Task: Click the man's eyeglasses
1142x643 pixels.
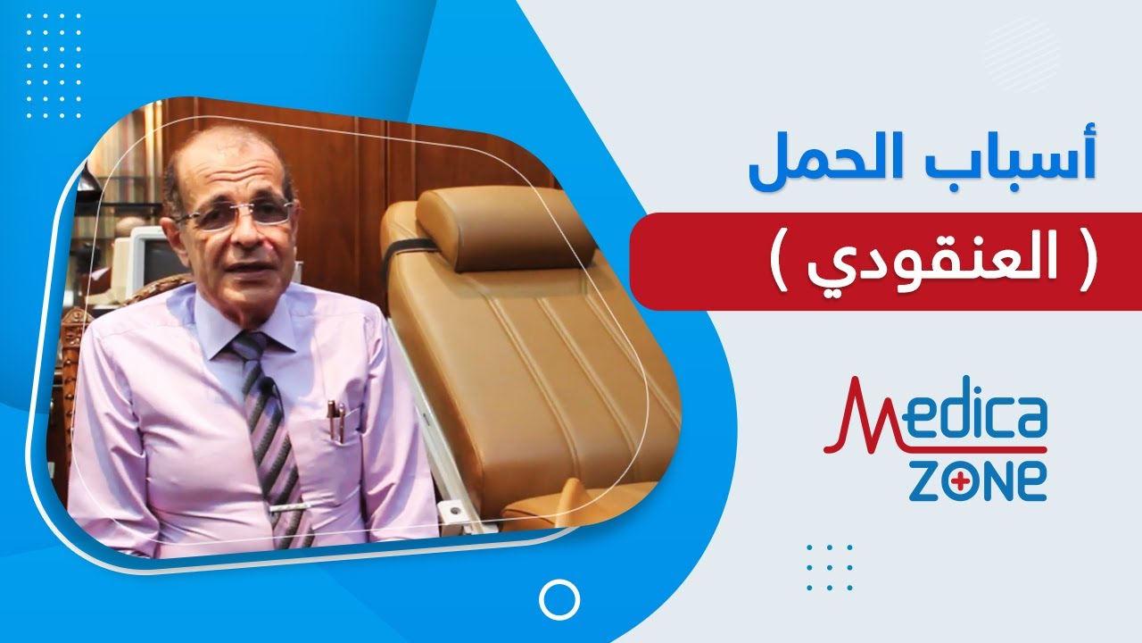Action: pos(236,214)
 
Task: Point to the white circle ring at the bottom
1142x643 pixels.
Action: pos(560,599)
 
